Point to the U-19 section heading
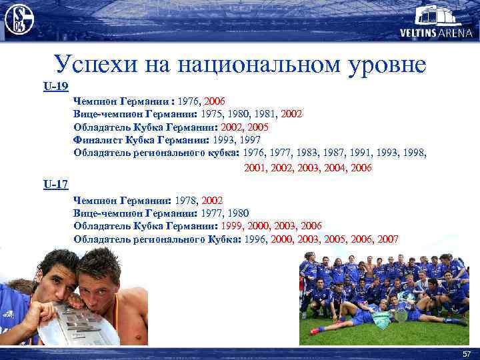click(56, 86)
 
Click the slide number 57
click(466, 353)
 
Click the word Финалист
click(97, 140)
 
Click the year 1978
click(187, 200)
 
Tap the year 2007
click(388, 239)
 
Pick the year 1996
click(257, 239)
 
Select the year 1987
click(340, 153)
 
